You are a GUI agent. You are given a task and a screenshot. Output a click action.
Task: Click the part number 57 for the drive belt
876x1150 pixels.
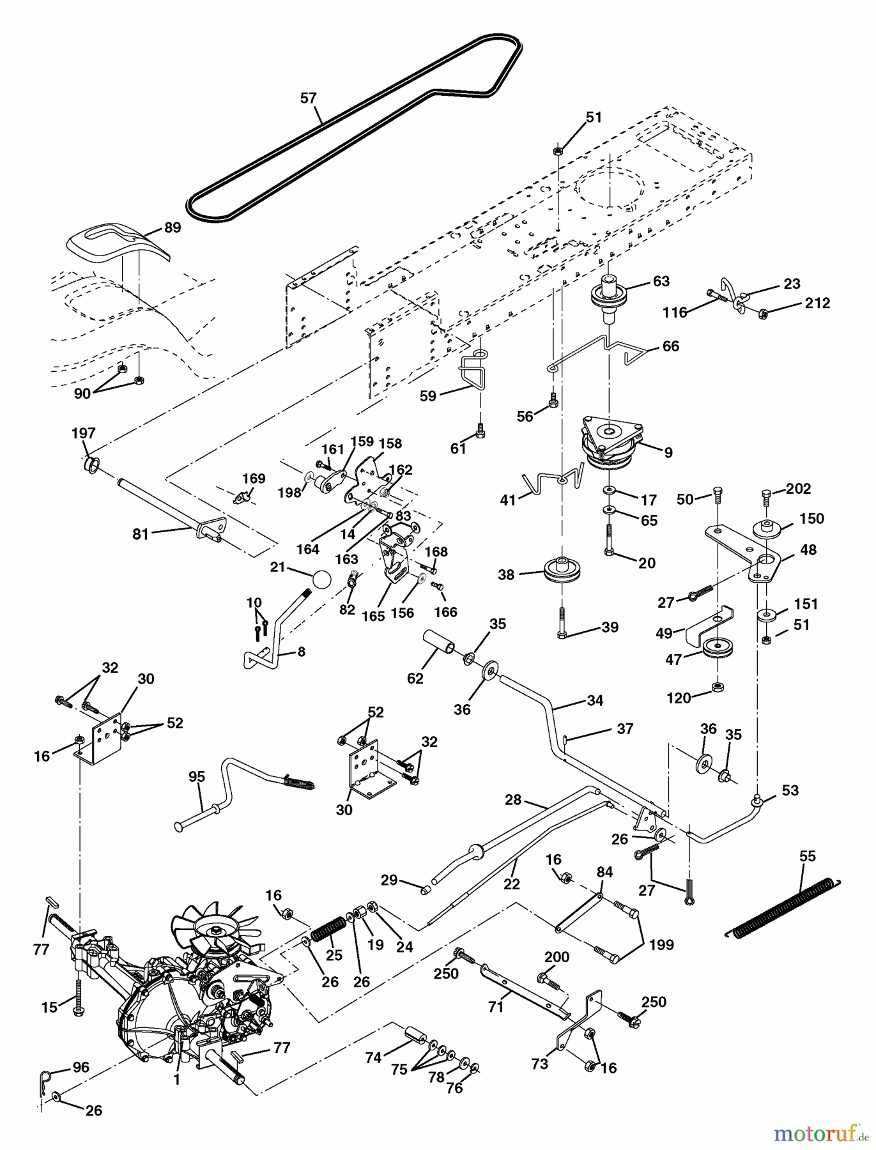pos(308,98)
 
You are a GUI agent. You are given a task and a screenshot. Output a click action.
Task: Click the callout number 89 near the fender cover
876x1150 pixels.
pos(172,227)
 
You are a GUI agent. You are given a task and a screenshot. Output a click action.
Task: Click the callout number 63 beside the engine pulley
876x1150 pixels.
pos(661,281)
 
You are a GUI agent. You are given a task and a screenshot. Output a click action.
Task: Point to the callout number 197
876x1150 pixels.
pos(83,433)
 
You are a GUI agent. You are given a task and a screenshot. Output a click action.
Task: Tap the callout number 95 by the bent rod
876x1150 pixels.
pos(197,777)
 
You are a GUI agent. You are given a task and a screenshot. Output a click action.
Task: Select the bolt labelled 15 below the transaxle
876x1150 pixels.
pos(78,994)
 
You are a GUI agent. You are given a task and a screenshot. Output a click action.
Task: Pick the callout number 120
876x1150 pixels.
pos(679,698)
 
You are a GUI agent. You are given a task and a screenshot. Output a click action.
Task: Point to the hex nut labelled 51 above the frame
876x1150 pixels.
pos(557,151)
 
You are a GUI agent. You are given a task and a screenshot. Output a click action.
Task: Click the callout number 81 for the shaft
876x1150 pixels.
pos(141,533)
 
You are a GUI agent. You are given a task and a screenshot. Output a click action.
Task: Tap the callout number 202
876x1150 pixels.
pos(799,489)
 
